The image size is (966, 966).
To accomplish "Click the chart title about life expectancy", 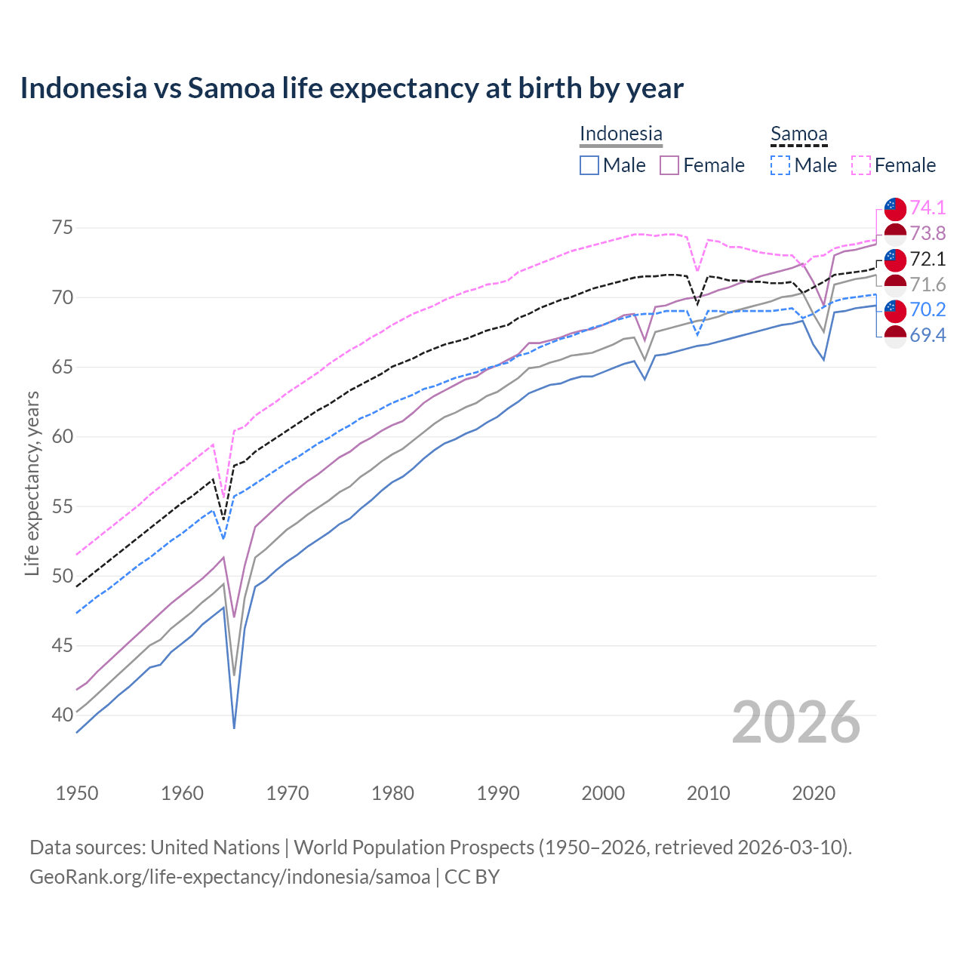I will [352, 88].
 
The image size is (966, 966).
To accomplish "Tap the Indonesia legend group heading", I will [620, 134].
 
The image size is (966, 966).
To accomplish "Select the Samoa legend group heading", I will [798, 134].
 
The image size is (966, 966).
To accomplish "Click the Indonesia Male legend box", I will [589, 165].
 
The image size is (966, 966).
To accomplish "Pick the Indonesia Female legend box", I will [669, 165].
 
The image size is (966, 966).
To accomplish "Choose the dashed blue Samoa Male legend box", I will [780, 165].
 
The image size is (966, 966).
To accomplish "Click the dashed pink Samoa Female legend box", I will [861, 165].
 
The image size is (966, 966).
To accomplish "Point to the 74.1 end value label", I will [928, 208].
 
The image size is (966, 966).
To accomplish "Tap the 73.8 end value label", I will [928, 233].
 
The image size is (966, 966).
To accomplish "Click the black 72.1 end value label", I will [928, 259].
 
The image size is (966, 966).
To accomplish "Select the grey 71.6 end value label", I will [928, 285].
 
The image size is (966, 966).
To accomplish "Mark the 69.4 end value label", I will [928, 335].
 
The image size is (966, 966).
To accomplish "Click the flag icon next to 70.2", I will [895, 309].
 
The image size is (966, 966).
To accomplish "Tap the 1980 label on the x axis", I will [392, 793].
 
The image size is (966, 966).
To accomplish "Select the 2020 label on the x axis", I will [814, 793].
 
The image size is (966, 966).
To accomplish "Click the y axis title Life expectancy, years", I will [32, 483].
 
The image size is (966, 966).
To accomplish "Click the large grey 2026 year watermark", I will [795, 722].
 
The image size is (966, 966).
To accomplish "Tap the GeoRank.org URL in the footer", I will [229, 877].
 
